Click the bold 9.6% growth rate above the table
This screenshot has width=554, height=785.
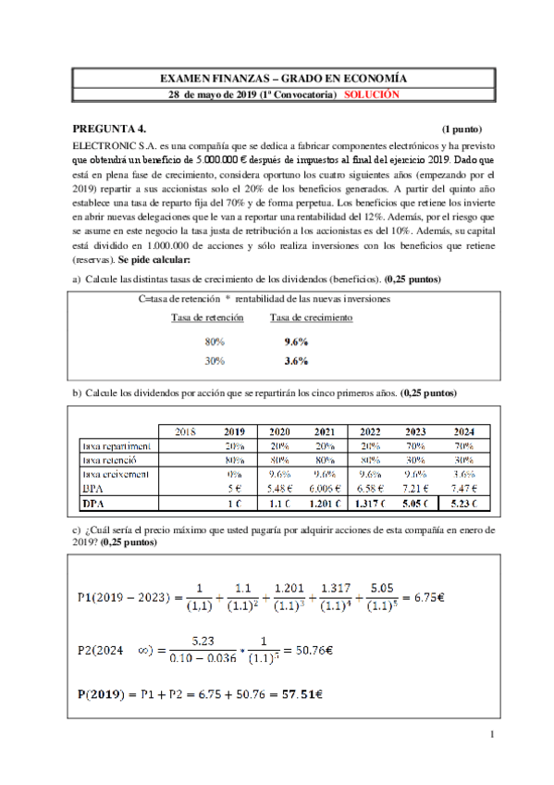click(296, 341)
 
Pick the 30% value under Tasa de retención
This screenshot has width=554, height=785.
click(214, 361)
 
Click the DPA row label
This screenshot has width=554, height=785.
click(92, 505)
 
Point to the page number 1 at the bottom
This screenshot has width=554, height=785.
click(493, 736)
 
